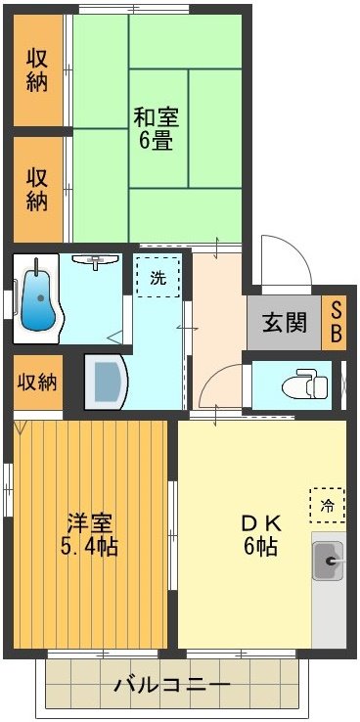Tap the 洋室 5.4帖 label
[92, 534]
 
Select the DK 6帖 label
[259, 534]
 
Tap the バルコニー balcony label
[171, 684]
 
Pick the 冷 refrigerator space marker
[327, 505]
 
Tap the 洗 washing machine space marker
[157, 277]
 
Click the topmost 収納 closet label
[37, 68]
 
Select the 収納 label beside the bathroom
[37, 381]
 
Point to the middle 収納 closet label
[37, 190]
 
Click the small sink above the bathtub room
[95, 261]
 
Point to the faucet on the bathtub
[37, 267]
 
